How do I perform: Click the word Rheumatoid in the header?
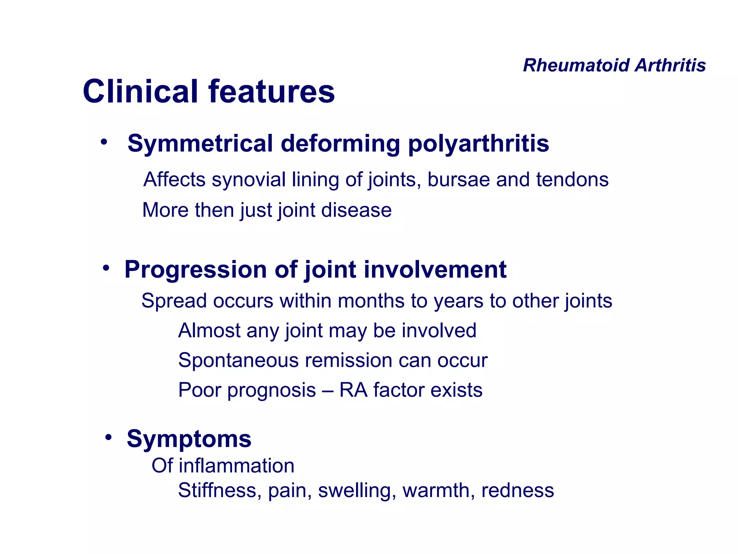(x=576, y=66)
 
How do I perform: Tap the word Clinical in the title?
(x=141, y=92)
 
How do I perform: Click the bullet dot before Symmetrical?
(x=104, y=142)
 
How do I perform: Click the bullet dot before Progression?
(x=106, y=268)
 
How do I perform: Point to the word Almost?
(x=209, y=330)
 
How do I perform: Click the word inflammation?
(x=236, y=466)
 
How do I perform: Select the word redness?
(x=517, y=491)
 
